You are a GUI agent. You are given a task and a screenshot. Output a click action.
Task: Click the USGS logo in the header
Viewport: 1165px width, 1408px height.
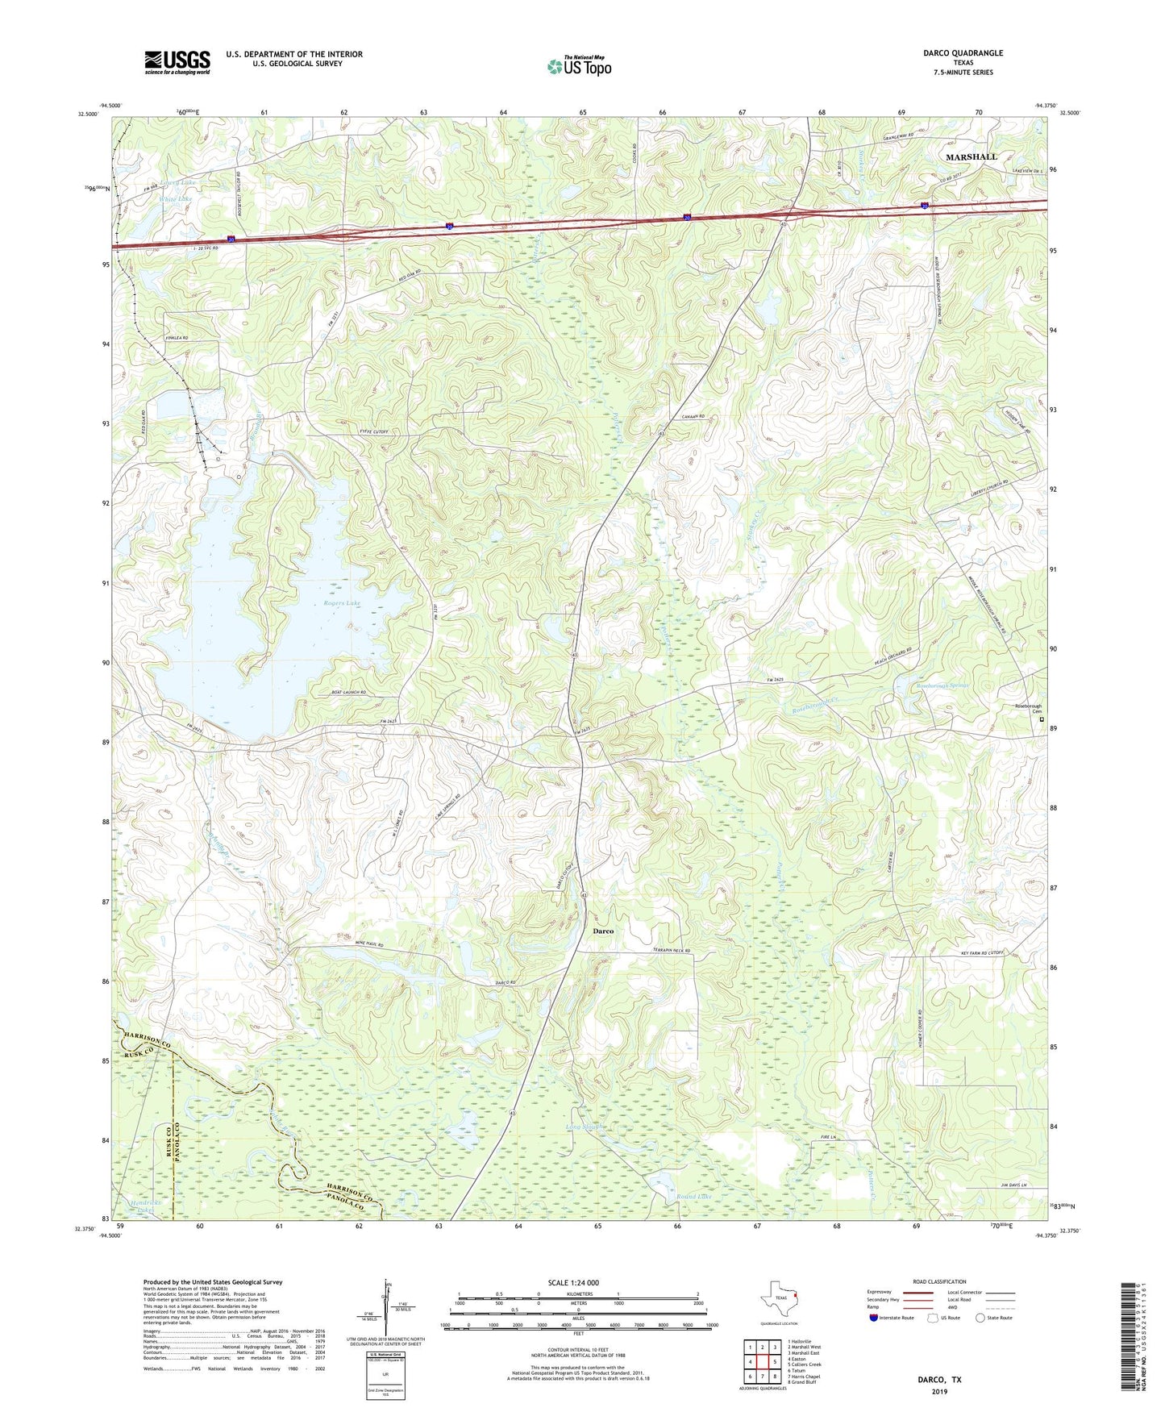177,61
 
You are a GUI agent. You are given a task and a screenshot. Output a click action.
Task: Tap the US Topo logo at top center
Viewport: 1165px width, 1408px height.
579,66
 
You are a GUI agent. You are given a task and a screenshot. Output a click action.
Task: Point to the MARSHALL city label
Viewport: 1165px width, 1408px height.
971,156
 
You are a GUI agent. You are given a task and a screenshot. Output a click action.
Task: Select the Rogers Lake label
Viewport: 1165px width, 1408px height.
342,603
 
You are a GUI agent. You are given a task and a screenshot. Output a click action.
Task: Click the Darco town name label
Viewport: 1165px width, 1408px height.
603,931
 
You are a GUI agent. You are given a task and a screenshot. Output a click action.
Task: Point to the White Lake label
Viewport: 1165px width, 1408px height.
176,198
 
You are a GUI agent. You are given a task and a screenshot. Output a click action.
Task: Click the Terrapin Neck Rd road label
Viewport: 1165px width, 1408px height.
672,952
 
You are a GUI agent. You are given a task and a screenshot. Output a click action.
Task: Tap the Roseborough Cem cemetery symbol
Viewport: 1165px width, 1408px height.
1041,719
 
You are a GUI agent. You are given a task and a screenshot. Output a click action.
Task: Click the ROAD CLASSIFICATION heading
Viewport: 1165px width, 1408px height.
939,1281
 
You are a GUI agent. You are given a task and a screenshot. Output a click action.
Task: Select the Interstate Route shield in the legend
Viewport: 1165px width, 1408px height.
874,1318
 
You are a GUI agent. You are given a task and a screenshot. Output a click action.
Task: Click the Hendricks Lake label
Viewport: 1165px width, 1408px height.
145,1206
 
